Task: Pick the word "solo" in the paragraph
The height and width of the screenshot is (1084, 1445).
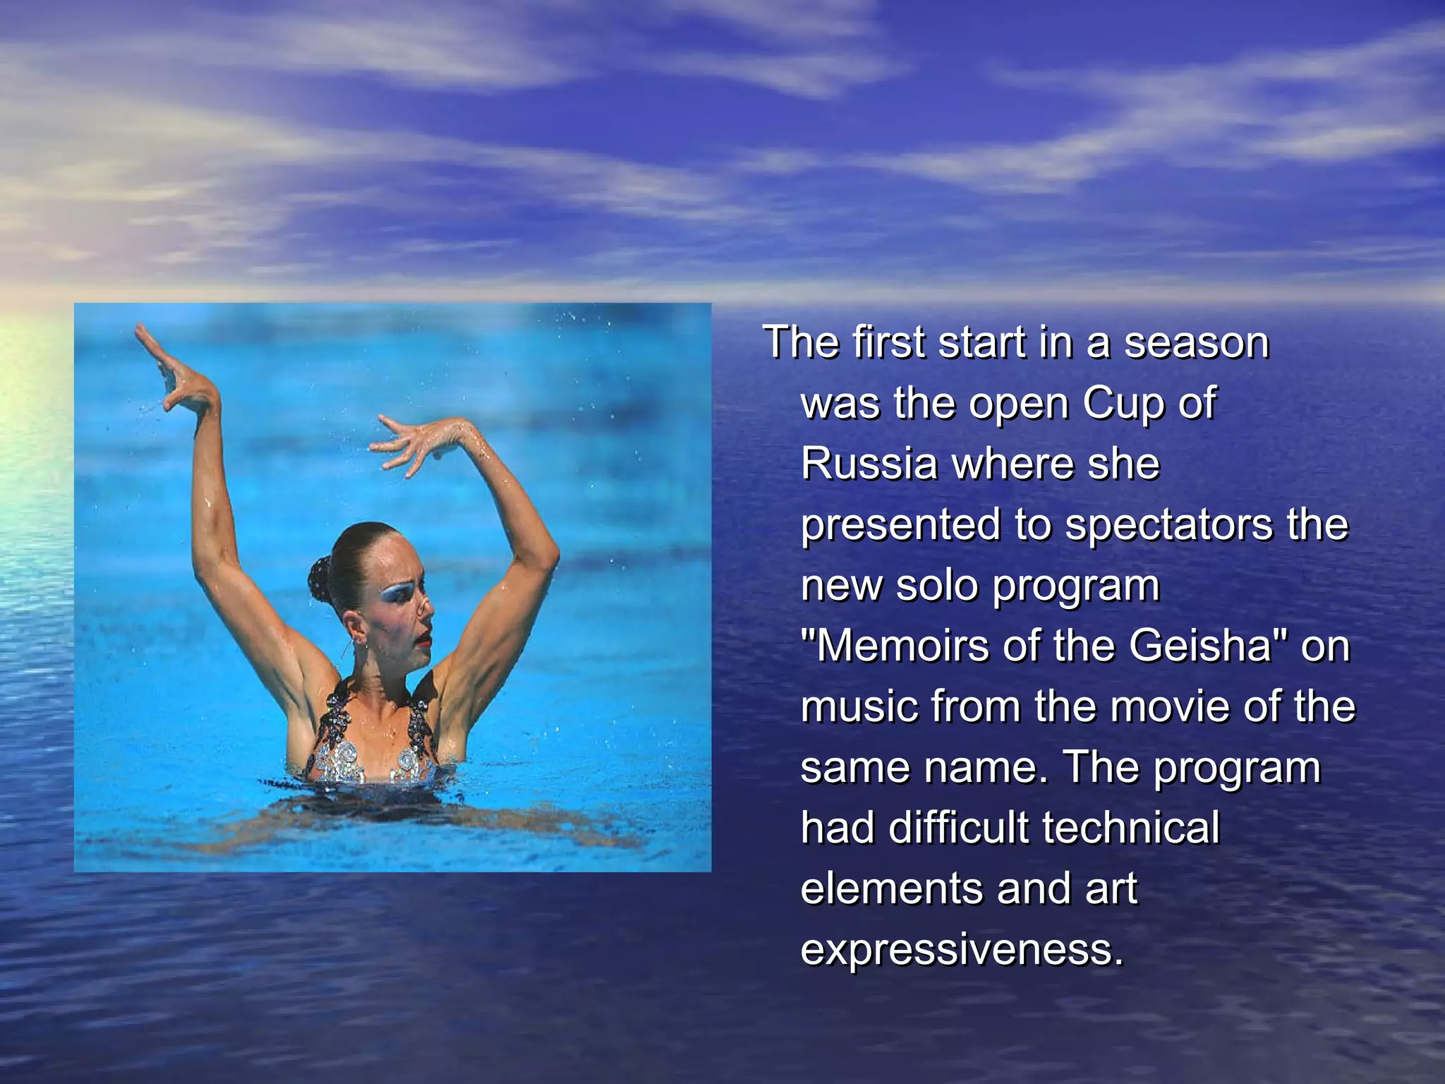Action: pos(938,586)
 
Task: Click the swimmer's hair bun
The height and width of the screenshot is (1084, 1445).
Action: pos(321,578)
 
